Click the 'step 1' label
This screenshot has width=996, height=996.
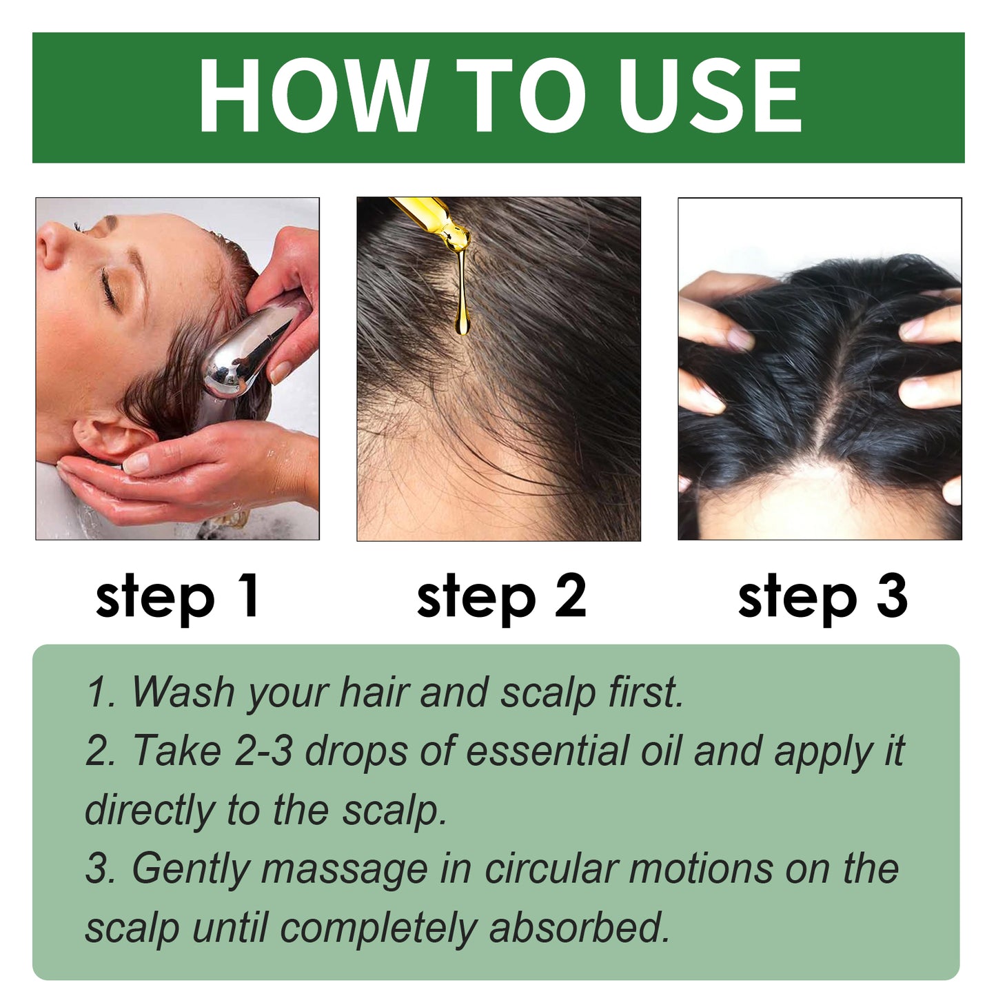click(177, 596)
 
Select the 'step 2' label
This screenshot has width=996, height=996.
click(501, 596)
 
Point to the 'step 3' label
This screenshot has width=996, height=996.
click(822, 596)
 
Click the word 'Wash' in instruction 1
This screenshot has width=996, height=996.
click(183, 691)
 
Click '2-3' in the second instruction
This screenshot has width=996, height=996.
click(263, 751)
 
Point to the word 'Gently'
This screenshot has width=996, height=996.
click(190, 870)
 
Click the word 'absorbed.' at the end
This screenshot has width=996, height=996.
click(579, 928)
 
